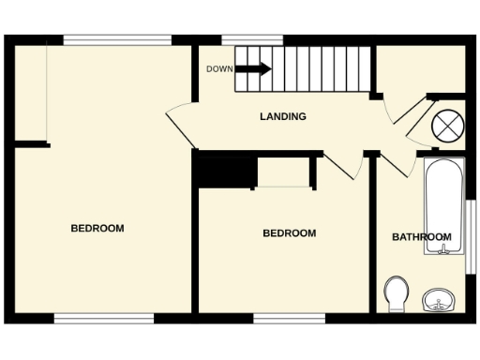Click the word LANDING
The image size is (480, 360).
pyautogui.click(x=282, y=117)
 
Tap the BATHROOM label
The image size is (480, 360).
pyautogui.click(x=421, y=237)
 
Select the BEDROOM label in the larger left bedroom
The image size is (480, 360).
pyautogui.click(x=97, y=228)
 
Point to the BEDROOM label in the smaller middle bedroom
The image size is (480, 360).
pyautogui.click(x=289, y=233)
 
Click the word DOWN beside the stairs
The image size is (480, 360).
pyautogui.click(x=219, y=69)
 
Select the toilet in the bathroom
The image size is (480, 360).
pyautogui.click(x=396, y=293)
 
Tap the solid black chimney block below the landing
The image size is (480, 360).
pyautogui.click(x=226, y=172)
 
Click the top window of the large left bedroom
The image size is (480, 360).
pyautogui.click(x=117, y=39)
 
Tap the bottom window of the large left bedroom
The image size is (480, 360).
pyautogui.click(x=103, y=319)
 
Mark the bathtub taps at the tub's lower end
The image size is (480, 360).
pyautogui.click(x=442, y=249)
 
